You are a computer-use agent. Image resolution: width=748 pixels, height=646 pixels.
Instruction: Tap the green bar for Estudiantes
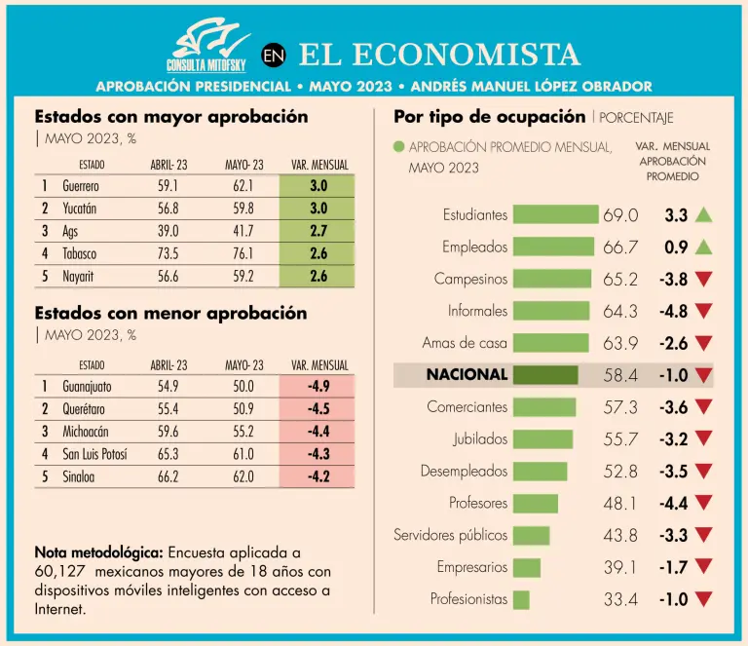[555, 214]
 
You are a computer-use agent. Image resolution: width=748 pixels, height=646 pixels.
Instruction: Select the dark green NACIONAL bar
[544, 375]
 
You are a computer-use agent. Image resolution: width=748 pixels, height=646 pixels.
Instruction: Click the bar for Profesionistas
[521, 599]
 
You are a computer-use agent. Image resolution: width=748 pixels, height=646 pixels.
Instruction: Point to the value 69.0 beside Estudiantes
[620, 215]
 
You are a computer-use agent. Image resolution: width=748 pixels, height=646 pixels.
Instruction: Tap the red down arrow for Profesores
[703, 504]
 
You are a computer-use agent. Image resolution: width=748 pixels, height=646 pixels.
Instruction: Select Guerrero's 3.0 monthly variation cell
[318, 185]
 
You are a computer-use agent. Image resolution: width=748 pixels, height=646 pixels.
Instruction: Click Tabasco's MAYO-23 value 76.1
[243, 253]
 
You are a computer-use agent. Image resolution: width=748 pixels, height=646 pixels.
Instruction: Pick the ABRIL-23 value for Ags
[168, 231]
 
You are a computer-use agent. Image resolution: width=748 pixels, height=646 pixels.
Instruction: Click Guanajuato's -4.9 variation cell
[318, 386]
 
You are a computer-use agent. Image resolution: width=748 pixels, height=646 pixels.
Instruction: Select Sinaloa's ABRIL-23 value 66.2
[168, 476]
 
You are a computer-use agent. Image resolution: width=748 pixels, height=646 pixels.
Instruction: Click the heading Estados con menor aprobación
[170, 314]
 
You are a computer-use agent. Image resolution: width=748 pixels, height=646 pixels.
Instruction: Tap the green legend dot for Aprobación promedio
[398, 148]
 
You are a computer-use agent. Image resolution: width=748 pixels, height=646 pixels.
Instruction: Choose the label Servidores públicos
[450, 535]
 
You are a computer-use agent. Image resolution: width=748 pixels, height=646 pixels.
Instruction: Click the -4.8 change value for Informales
[673, 312]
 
